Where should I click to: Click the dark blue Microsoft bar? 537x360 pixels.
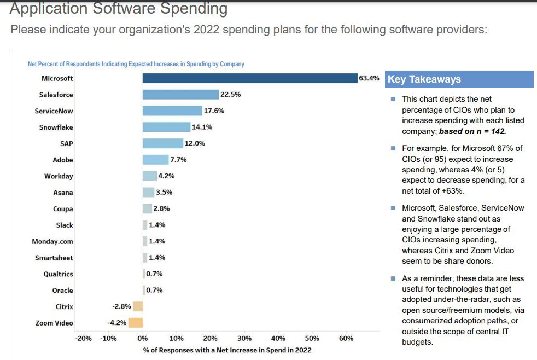tap(250, 78)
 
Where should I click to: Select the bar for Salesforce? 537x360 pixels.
tap(180, 95)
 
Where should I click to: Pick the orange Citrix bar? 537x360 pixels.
tap(138, 306)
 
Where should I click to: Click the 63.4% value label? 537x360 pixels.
tap(369, 78)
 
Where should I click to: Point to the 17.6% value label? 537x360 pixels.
tap(214, 111)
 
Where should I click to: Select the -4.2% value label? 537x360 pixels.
tap(117, 323)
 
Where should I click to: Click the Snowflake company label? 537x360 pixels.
tap(56, 127)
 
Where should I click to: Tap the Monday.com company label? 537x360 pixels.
tap(52, 241)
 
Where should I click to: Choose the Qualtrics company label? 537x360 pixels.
tap(58, 274)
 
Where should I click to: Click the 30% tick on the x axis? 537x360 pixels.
tap(244, 339)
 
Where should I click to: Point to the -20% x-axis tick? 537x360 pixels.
tap(83, 339)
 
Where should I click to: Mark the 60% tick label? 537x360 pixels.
tap(346, 339)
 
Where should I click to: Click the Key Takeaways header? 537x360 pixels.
tap(424, 79)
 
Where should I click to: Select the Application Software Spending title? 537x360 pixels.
tap(119, 9)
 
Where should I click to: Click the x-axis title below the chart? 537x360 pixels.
tap(227, 350)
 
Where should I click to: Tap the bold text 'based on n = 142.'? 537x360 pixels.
tap(473, 131)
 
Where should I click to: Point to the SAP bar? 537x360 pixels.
tap(162, 143)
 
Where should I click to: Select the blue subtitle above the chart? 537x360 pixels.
tap(136, 64)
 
